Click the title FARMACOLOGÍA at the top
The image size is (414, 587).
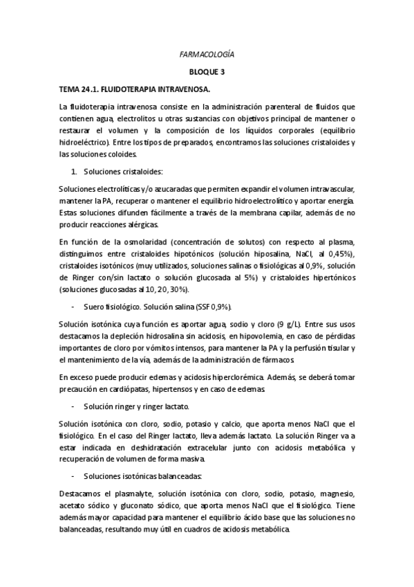[207, 53]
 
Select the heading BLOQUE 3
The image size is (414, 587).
[207, 71]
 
